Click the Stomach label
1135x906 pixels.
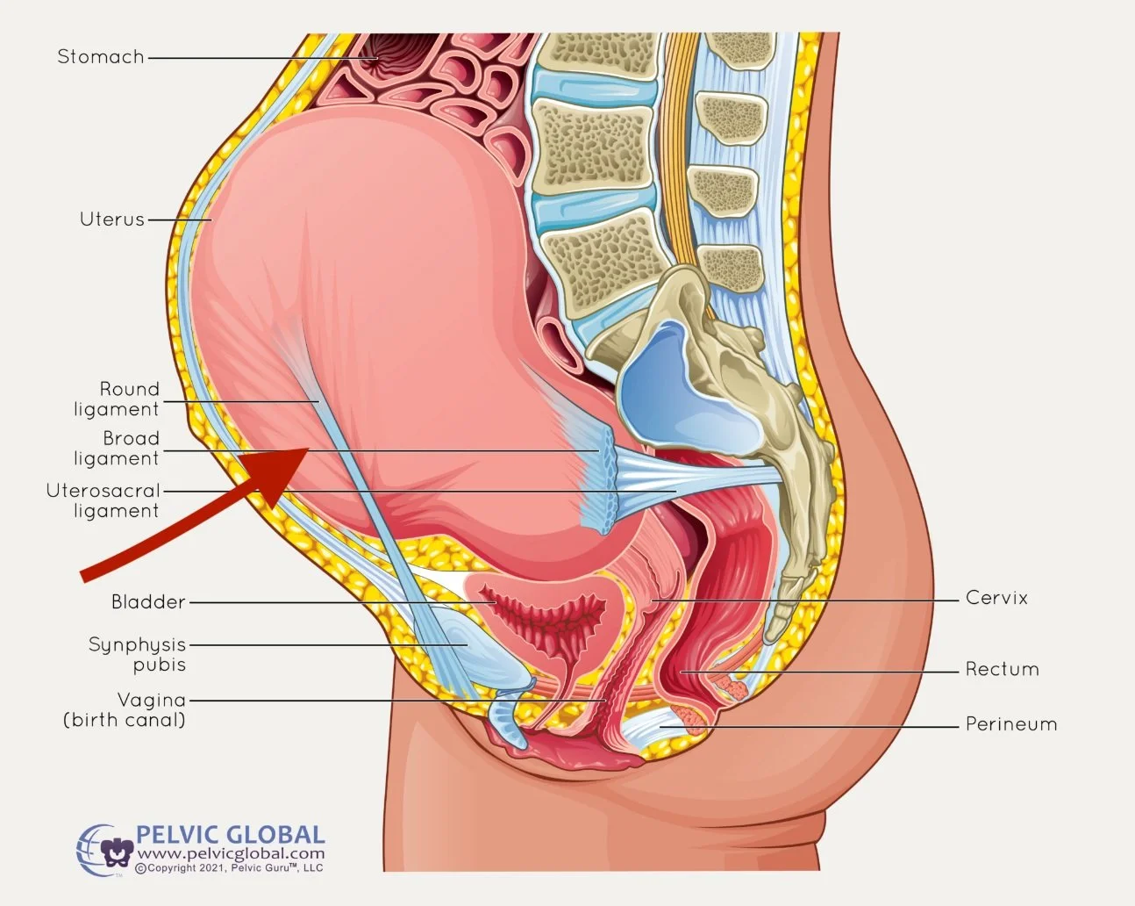pos(100,57)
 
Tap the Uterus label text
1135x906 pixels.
pos(111,219)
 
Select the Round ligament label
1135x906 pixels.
pos(117,399)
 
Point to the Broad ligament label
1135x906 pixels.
pos(117,449)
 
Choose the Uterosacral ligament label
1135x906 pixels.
pos(104,500)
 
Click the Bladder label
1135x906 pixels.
pos(148,602)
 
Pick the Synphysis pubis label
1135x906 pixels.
pos(138,655)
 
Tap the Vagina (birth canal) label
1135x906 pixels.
pos(125,710)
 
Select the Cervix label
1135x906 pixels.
pos(996,598)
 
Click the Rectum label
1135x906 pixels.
pos(1002,670)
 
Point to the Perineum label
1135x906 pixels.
pos(1011,725)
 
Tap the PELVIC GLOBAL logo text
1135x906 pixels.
pos(230,835)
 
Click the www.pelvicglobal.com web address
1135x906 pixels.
pos(231,853)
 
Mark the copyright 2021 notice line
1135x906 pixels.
pos(230,868)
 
